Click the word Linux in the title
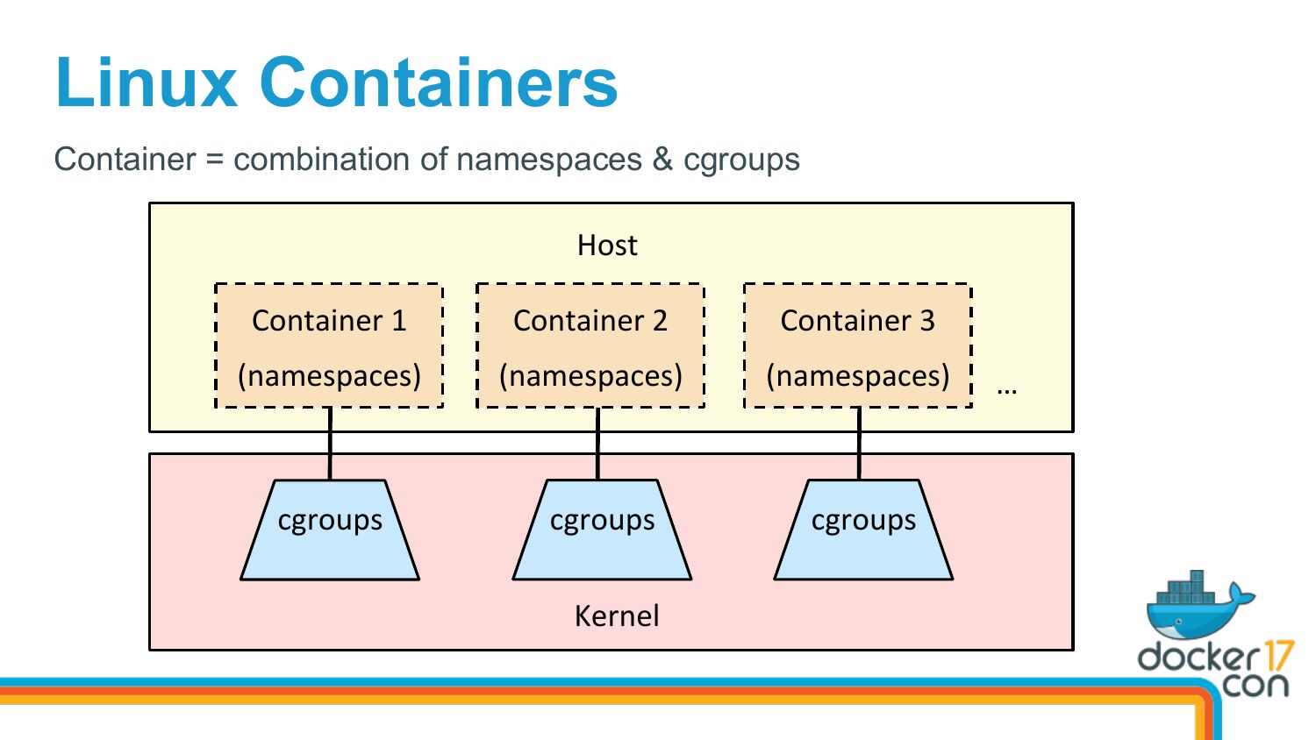tap(147, 82)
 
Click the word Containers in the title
tap(439, 82)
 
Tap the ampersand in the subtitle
tap(662, 160)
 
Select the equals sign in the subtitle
tap(215, 160)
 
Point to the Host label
tap(607, 245)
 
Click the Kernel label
tap(617, 616)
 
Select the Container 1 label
tap(329, 321)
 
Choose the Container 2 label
tap(590, 321)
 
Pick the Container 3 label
tap(857, 321)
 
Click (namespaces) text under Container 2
tap(590, 376)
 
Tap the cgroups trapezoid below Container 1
tap(330, 530)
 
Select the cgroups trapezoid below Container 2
tap(602, 530)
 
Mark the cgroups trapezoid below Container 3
tap(863, 530)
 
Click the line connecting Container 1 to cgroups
tap(330, 444)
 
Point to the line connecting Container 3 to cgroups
tap(859, 444)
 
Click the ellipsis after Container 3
tap(1007, 390)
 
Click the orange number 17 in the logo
tap(1276, 656)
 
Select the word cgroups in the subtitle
tap(741, 160)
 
